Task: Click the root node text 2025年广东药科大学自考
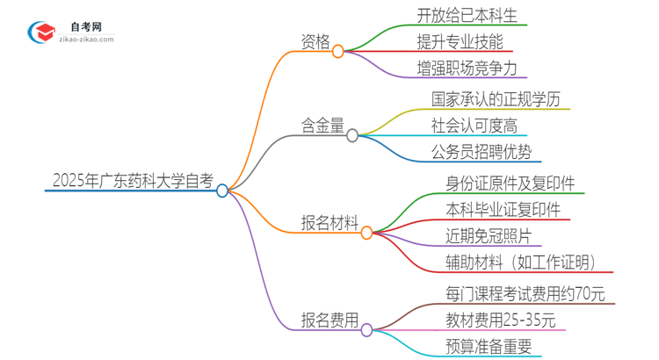coord(132,182)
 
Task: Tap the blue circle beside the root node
coord(222,190)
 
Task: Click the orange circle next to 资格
coord(338,52)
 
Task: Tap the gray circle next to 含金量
coord(352,135)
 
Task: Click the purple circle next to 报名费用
coord(366,330)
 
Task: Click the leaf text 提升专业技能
coord(460,40)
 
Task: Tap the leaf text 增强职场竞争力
coord(467,67)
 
